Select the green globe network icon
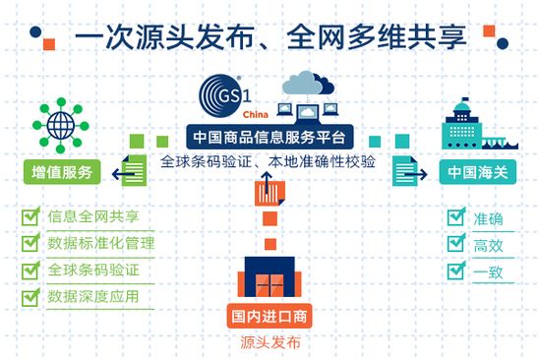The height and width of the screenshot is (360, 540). [62, 127]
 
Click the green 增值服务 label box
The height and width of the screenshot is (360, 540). [63, 173]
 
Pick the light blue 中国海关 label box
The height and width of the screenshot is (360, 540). [476, 173]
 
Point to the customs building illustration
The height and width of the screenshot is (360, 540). [476, 125]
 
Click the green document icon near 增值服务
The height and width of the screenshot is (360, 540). [143, 168]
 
